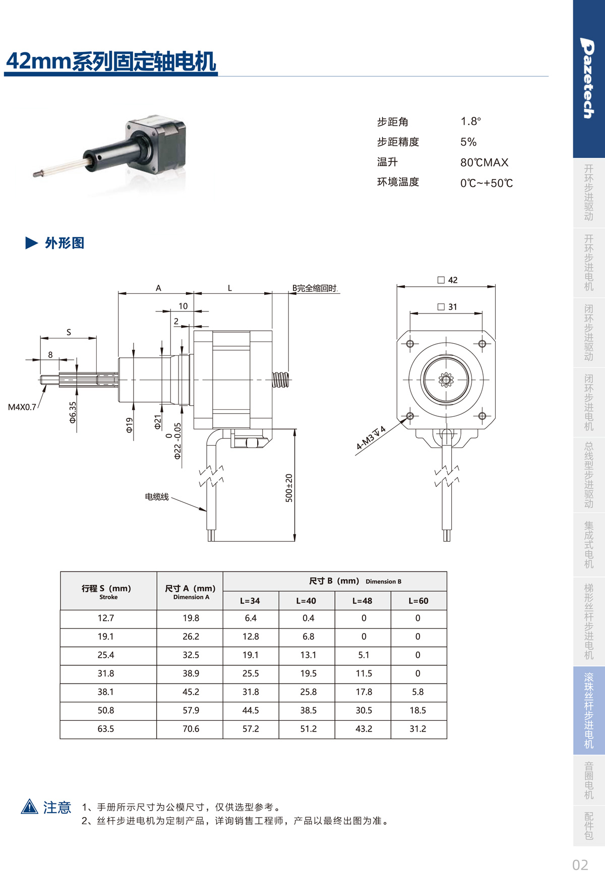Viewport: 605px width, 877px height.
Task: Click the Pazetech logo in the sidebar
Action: click(588, 78)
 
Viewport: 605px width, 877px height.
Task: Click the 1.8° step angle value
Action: click(470, 121)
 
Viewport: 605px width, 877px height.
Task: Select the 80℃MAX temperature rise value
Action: click(484, 162)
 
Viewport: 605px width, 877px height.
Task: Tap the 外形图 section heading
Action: click(65, 243)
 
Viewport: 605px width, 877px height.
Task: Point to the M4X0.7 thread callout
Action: click(22, 407)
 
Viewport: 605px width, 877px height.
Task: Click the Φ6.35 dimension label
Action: click(73, 412)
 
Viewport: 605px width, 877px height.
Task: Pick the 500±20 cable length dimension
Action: click(289, 488)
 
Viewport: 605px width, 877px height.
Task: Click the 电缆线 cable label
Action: click(157, 497)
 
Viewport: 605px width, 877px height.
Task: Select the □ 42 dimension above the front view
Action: click(448, 280)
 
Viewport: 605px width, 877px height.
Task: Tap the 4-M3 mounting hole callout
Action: click(371, 437)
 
